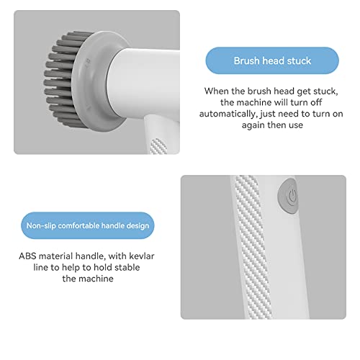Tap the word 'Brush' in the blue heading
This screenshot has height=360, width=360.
coord(248,60)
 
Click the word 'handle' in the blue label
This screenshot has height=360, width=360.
coord(109,226)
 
